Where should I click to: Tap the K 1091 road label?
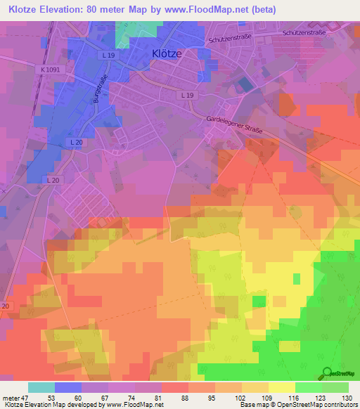[x=51, y=70]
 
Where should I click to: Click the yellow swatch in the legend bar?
[x=282, y=387]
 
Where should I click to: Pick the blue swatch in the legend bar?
[x=67, y=387]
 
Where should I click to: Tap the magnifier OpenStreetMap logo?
[x=328, y=372]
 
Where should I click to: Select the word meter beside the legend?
[x=11, y=398]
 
